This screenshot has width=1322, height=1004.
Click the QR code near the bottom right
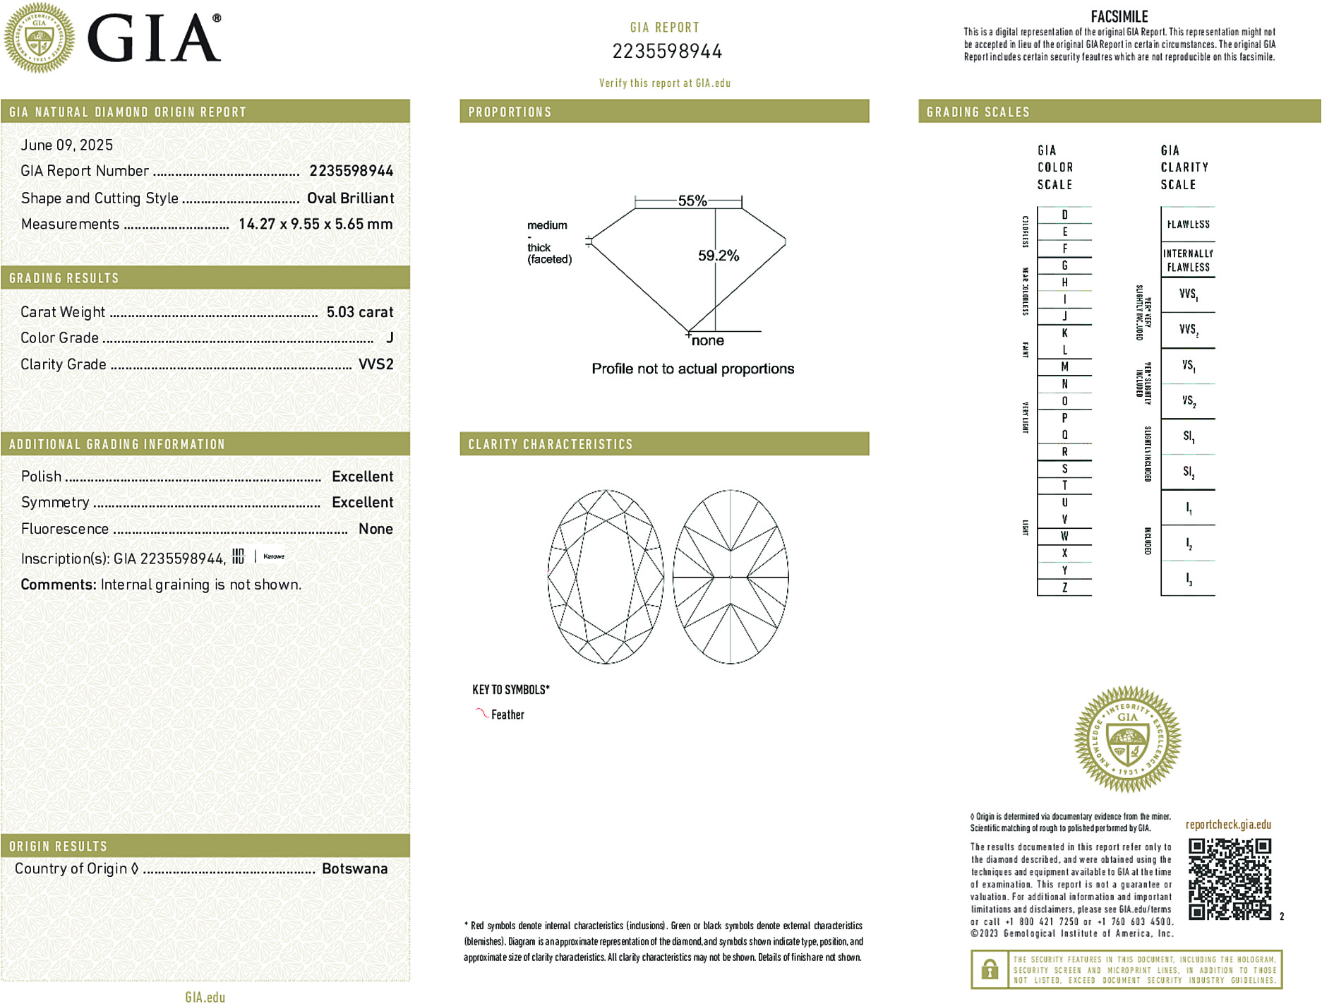(x=1230, y=878)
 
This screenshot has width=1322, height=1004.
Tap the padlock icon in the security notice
(x=990, y=969)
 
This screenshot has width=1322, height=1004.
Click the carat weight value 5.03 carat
(x=359, y=312)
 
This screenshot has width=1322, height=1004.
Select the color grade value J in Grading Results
(x=390, y=338)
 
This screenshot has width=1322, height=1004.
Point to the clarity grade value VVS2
(x=375, y=364)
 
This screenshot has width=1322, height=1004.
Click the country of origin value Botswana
(x=354, y=868)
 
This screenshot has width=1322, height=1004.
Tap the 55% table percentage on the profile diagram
(x=692, y=201)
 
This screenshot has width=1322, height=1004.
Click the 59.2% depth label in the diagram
(x=719, y=256)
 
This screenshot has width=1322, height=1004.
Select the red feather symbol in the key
(x=481, y=713)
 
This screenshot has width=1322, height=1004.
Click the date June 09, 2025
(x=66, y=145)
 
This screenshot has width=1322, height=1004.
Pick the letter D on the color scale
(x=1064, y=215)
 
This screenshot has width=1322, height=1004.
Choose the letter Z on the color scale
(x=1064, y=587)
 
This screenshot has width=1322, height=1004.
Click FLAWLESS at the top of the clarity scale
(x=1188, y=225)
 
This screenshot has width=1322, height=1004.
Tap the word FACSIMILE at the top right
(x=1119, y=16)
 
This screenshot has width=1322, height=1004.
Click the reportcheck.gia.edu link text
(x=1228, y=825)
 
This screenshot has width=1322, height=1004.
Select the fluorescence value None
(x=375, y=529)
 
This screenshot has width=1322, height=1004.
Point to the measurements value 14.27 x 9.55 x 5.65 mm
(x=315, y=224)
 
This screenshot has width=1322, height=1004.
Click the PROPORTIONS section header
(x=510, y=112)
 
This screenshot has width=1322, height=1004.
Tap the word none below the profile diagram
(x=708, y=341)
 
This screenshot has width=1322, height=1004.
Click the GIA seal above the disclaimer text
(x=1127, y=739)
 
